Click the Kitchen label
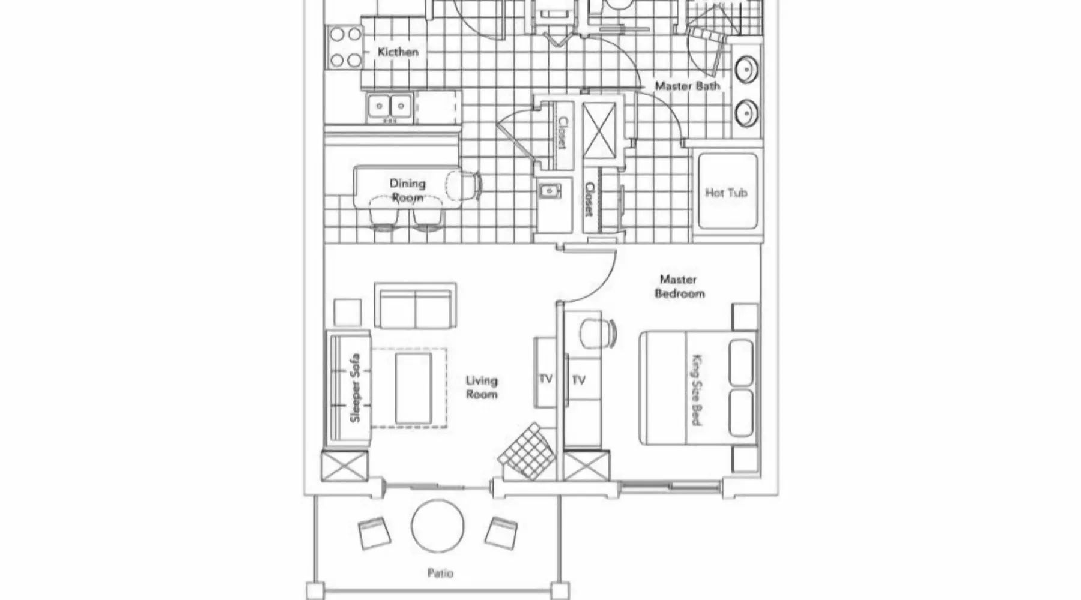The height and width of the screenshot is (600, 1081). coord(398,52)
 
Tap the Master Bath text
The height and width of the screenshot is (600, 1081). coord(687,86)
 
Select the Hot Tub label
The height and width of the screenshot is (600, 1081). coord(726,193)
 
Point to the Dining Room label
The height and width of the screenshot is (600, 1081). coord(408,190)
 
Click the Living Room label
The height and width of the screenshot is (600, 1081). coord(482,387)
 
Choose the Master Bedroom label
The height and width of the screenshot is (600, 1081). coord(679,286)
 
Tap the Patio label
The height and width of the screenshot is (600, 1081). coord(440,573)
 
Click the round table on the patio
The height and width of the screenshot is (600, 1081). coord(438,526)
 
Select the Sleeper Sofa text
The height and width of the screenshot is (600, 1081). coord(354,388)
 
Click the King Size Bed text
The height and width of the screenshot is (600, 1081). coord(697,390)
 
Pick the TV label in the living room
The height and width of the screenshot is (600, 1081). coord(545,379)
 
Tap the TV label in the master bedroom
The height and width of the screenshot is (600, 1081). coord(578,380)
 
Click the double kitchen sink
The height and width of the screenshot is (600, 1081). coord(390,107)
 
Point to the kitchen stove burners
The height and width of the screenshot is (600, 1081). coord(345,47)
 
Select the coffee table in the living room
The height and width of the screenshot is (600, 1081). coord(413,388)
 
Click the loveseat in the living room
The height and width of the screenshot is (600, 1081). coord(415,306)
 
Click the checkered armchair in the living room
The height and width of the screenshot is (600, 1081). coord(527,451)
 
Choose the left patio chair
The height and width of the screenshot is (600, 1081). coord(374,533)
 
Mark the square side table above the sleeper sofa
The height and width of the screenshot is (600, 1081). coord(347,313)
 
